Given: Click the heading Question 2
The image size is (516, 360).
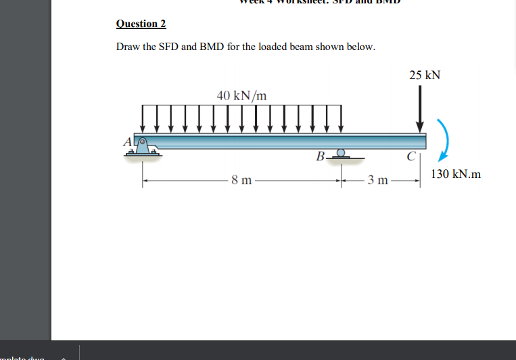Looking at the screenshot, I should [x=141, y=24].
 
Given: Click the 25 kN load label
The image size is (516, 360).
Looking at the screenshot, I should [x=424, y=74].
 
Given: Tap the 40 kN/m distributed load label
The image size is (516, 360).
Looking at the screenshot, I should [x=241, y=95].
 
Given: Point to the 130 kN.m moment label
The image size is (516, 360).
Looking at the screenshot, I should [x=455, y=174].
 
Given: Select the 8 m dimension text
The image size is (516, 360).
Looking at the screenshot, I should [x=240, y=180].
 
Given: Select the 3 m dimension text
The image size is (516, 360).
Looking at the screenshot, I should [x=377, y=180].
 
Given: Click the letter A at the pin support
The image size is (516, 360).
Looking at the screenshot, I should [x=126, y=141].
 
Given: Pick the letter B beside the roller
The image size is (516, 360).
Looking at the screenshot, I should [x=320, y=157].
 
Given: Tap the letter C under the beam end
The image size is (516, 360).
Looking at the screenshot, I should [x=411, y=158].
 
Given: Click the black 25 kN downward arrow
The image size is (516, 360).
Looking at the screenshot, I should [x=419, y=108].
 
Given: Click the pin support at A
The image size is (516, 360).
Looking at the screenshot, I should [x=143, y=147].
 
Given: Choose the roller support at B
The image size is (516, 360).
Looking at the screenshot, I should [x=342, y=155].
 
